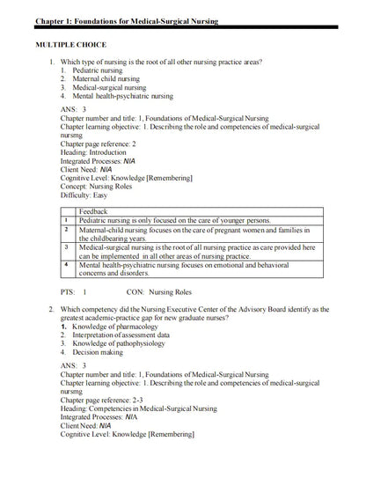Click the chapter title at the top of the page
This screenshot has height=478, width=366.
pyautogui.click(x=126, y=19)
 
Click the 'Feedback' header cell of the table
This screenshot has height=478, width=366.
pyautogui.click(x=93, y=211)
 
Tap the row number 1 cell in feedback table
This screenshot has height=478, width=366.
pyautogui.click(x=67, y=220)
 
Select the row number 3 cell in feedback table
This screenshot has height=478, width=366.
pyautogui.click(x=67, y=247)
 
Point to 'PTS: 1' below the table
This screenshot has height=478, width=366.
pyautogui.click(x=73, y=290)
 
